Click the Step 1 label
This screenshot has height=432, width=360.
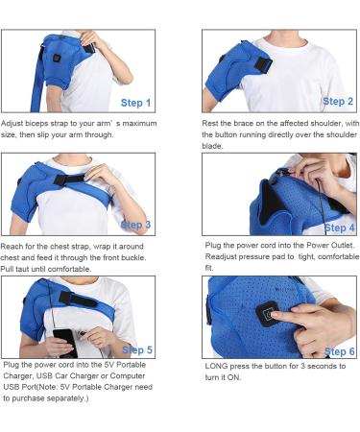pos(134,103)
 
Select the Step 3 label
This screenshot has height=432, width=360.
pos(135,225)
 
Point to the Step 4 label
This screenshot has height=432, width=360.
pos(339,228)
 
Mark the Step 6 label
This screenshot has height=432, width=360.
pos(339,351)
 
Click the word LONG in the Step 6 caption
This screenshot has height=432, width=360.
pos(216,368)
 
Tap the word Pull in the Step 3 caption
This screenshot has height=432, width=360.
pos(12,268)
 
